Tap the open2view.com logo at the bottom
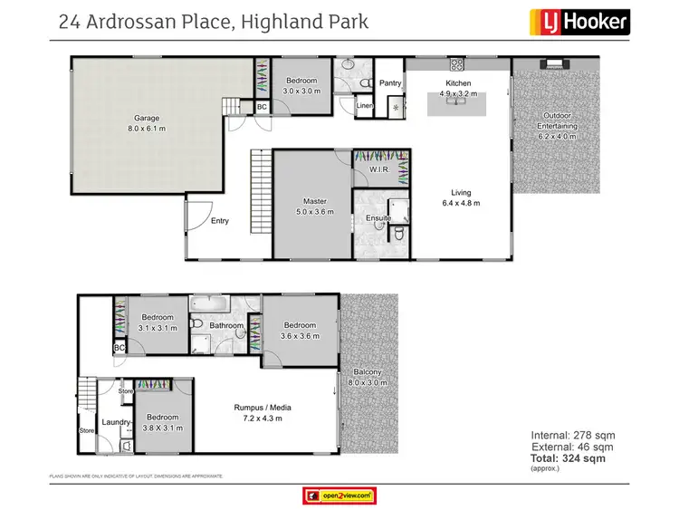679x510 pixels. click(x=339, y=495)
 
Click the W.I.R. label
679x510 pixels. click(x=379, y=171)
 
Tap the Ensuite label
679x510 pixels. click(x=378, y=218)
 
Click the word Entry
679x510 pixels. click(x=219, y=221)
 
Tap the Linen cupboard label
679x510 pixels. click(x=365, y=106)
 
